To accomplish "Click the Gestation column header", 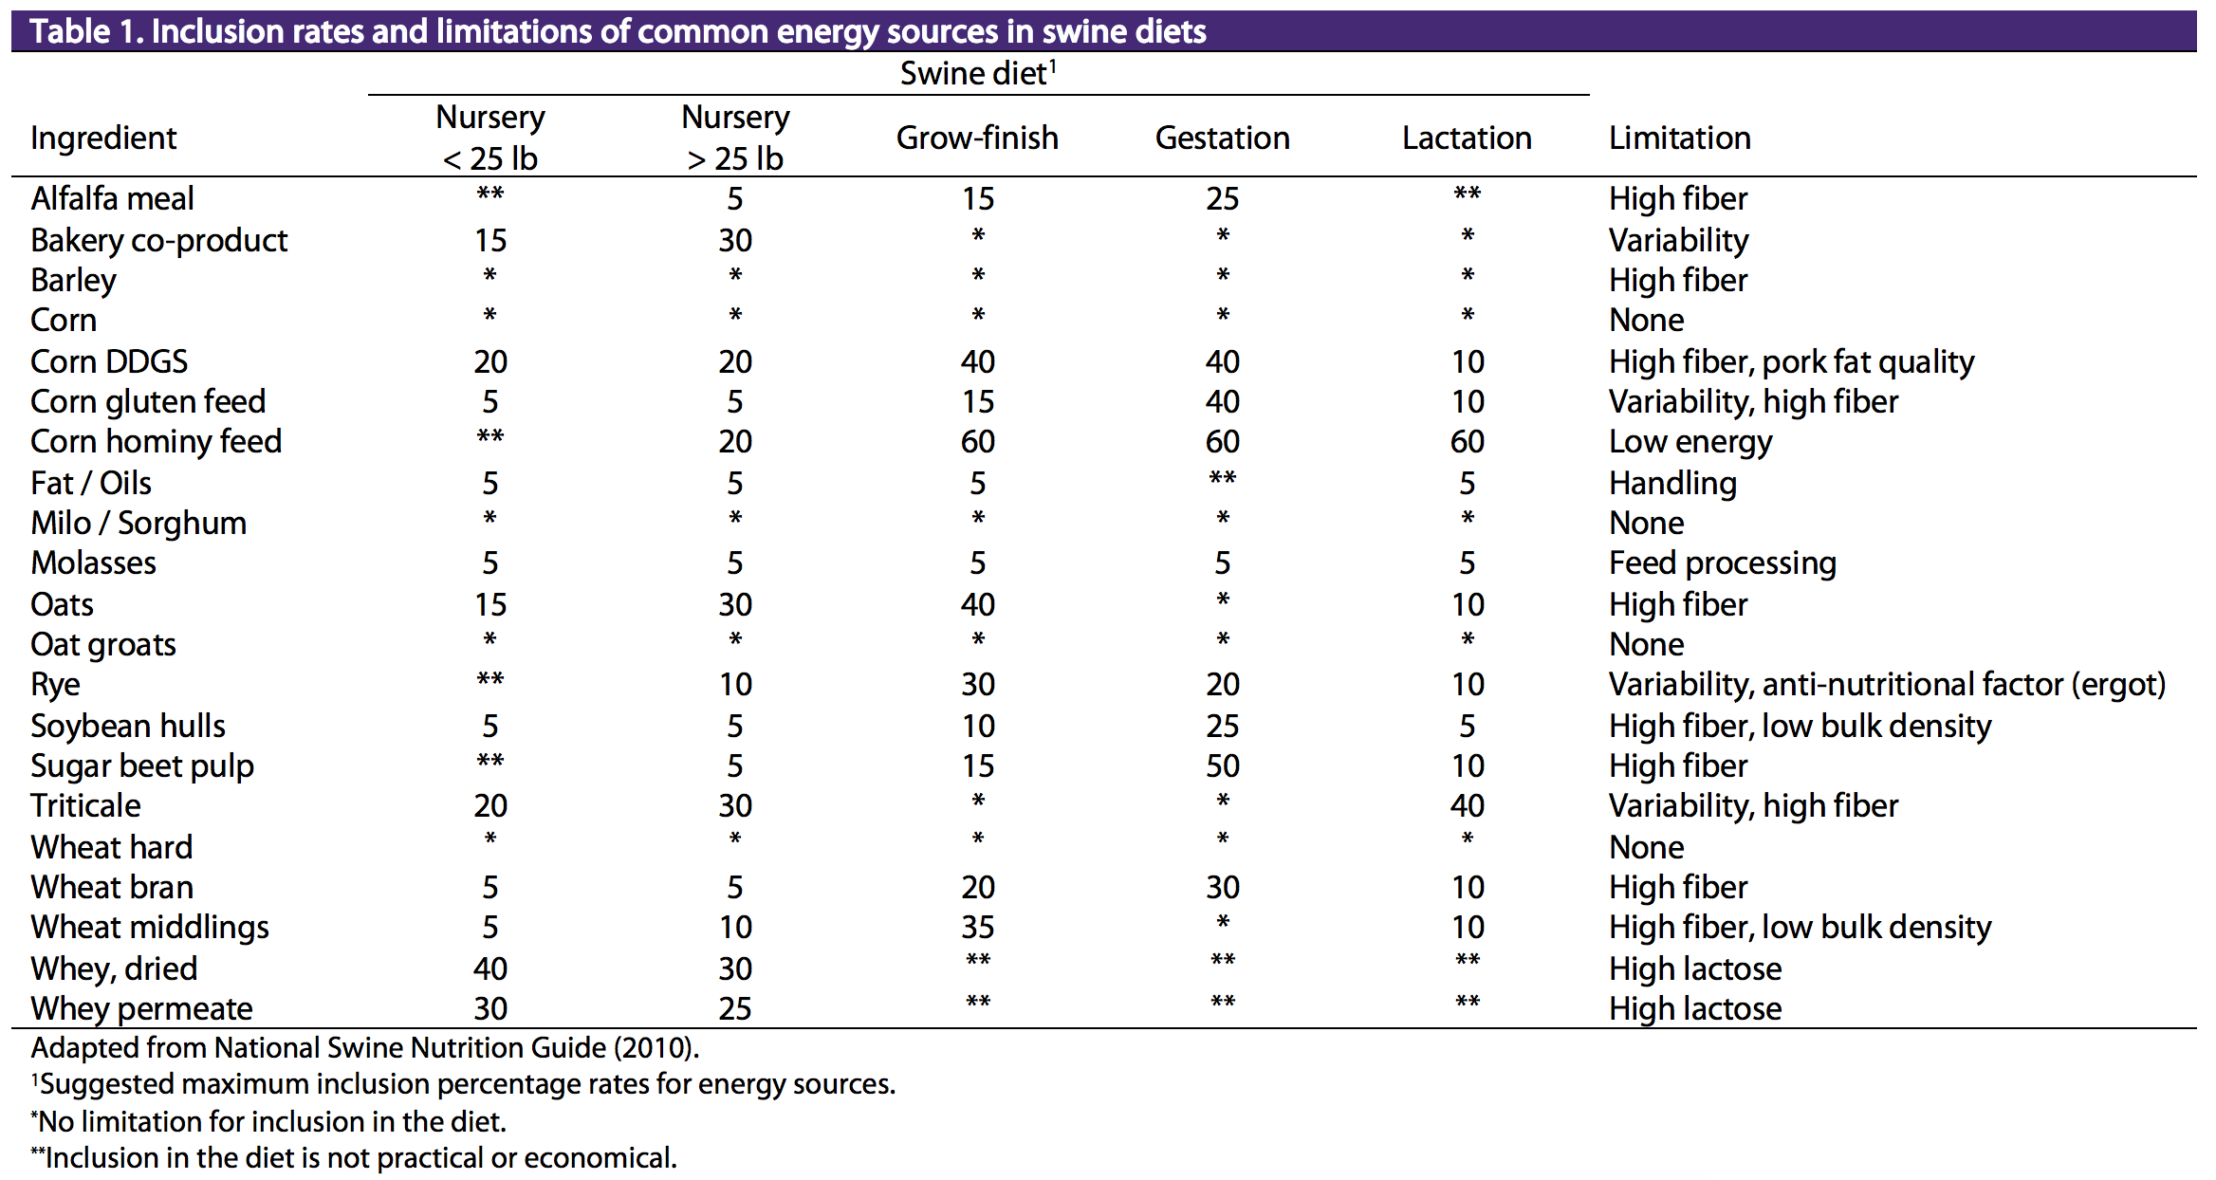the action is pyautogui.click(x=1222, y=138).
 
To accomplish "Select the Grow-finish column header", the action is pyautogui.click(x=977, y=138).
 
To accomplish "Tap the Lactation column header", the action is pyautogui.click(x=1467, y=138).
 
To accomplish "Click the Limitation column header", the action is pyautogui.click(x=1680, y=138).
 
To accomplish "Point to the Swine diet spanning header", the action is pyautogui.click(x=978, y=73).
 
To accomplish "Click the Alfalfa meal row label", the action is pyautogui.click(x=112, y=199).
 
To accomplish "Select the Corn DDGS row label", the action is pyautogui.click(x=109, y=361).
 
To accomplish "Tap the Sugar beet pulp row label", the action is pyautogui.click(x=142, y=766).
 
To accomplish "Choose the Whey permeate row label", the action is pyautogui.click(x=142, y=1009).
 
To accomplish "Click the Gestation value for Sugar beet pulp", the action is pyautogui.click(x=1223, y=766).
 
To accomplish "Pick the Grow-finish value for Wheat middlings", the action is pyautogui.click(x=978, y=928).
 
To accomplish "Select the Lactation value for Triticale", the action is pyautogui.click(x=1468, y=806).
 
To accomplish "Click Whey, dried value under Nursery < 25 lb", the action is pyautogui.click(x=490, y=969).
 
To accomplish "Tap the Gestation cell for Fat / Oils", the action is pyautogui.click(x=1223, y=477).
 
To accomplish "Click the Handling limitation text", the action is pyautogui.click(x=1673, y=484).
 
